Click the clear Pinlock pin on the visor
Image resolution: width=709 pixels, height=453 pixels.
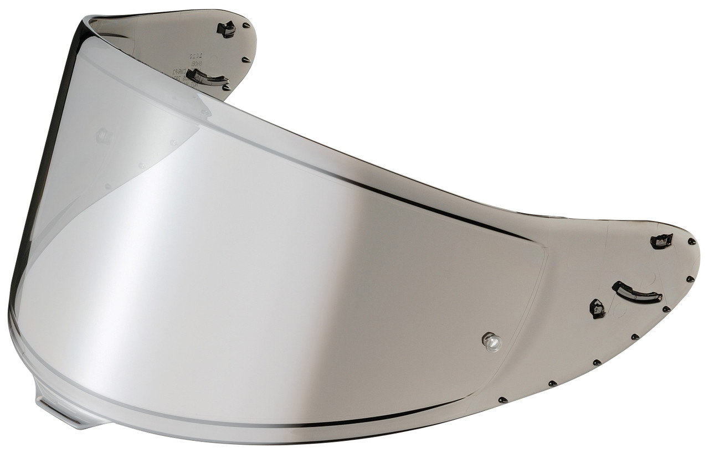(491, 341)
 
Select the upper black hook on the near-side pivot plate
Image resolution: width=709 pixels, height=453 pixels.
(661, 241)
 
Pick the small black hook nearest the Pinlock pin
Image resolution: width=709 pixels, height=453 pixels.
(598, 308)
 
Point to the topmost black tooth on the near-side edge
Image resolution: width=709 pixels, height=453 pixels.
(691, 241)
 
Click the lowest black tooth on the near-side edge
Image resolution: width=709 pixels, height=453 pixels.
(502, 399)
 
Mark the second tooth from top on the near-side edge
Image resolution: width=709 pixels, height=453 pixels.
(690, 279)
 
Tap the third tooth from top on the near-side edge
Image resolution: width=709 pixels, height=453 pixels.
(666, 309)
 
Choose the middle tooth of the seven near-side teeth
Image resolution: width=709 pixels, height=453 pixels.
(635, 336)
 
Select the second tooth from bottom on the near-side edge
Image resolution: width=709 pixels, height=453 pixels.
(552, 383)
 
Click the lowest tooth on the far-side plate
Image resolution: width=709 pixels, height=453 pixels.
(226, 87)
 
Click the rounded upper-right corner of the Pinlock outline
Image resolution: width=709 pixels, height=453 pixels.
(541, 249)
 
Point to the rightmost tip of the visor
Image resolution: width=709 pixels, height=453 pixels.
(698, 252)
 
